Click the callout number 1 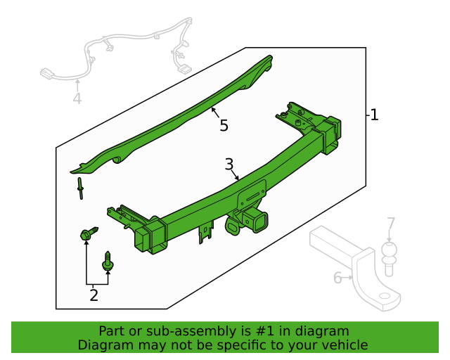point(374,115)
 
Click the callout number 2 point(94,295)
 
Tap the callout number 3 point(229,165)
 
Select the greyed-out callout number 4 point(77,98)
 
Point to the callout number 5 point(224,125)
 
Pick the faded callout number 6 point(337,278)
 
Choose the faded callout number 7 point(391,224)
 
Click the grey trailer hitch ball point(389,259)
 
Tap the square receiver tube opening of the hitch point(261,223)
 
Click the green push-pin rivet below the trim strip point(80,188)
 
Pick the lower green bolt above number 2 point(108,260)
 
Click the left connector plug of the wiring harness point(46,73)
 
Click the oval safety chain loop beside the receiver point(233,226)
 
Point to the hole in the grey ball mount point(385,296)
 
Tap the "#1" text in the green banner point(264,331)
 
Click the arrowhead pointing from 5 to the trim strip point(213,109)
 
